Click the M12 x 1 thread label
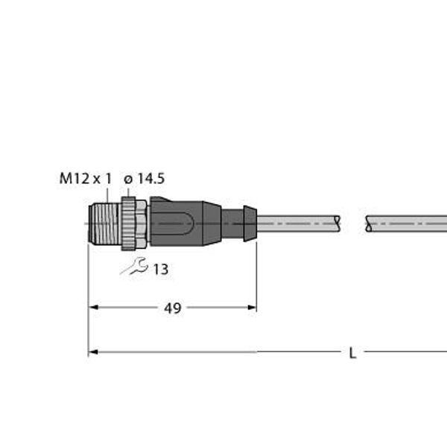point(85,178)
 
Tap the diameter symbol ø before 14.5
point(128,179)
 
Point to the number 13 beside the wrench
point(160,270)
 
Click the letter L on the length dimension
point(352,353)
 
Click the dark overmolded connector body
point(186,221)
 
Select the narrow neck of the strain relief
point(235,221)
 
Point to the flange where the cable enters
point(251,221)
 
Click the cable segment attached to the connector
point(298,221)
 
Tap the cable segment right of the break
point(406,222)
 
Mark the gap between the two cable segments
point(354,222)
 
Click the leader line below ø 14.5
point(131,191)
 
